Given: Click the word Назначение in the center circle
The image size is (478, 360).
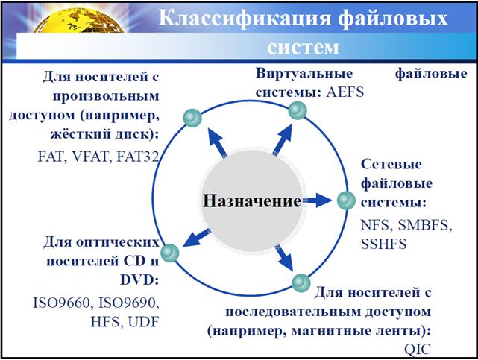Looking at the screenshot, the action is click(252, 201).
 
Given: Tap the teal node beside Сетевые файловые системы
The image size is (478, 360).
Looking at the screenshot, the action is click(346, 200).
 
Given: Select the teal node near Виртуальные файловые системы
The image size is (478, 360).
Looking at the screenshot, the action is click(298, 111).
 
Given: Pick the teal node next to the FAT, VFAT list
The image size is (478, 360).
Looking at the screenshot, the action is click(192, 118).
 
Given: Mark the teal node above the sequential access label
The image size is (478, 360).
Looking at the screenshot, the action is click(301, 282).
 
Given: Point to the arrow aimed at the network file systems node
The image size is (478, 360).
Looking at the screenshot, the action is click(319, 200).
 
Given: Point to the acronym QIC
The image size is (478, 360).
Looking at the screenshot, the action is click(417, 347).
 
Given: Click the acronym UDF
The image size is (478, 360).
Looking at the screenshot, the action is click(143, 322).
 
